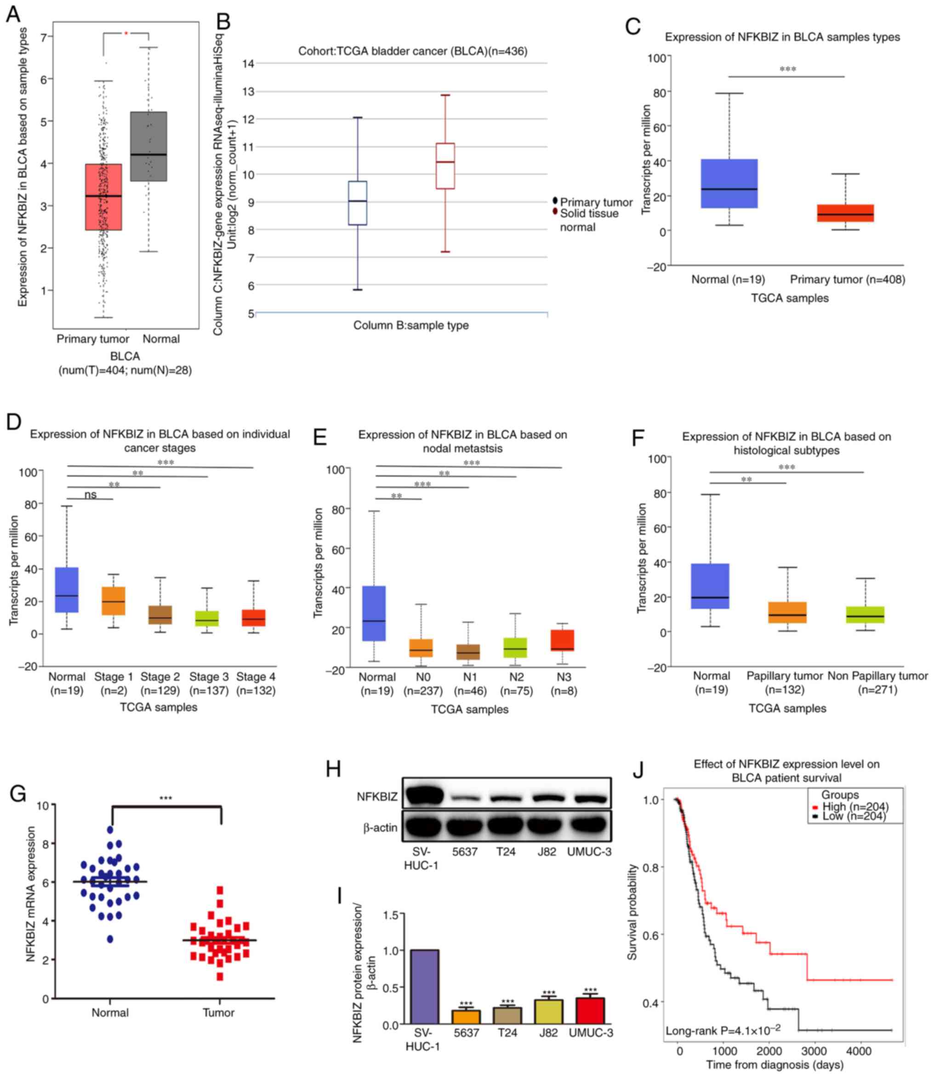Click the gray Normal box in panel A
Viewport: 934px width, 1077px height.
coord(148,147)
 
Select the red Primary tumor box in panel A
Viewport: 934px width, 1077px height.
coord(103,197)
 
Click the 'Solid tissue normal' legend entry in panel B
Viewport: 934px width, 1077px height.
coord(589,220)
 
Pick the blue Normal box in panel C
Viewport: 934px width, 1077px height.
coord(729,183)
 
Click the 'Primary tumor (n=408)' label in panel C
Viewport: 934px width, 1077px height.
coord(847,279)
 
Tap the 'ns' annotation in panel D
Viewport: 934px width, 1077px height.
coord(90,495)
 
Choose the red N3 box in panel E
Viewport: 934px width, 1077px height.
coord(563,640)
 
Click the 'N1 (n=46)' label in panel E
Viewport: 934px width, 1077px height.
coord(470,684)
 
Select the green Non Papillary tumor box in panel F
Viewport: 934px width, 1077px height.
coord(865,615)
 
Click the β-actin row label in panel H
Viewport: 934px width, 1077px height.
coord(380,827)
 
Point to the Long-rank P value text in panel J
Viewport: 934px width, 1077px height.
coord(723,1030)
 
